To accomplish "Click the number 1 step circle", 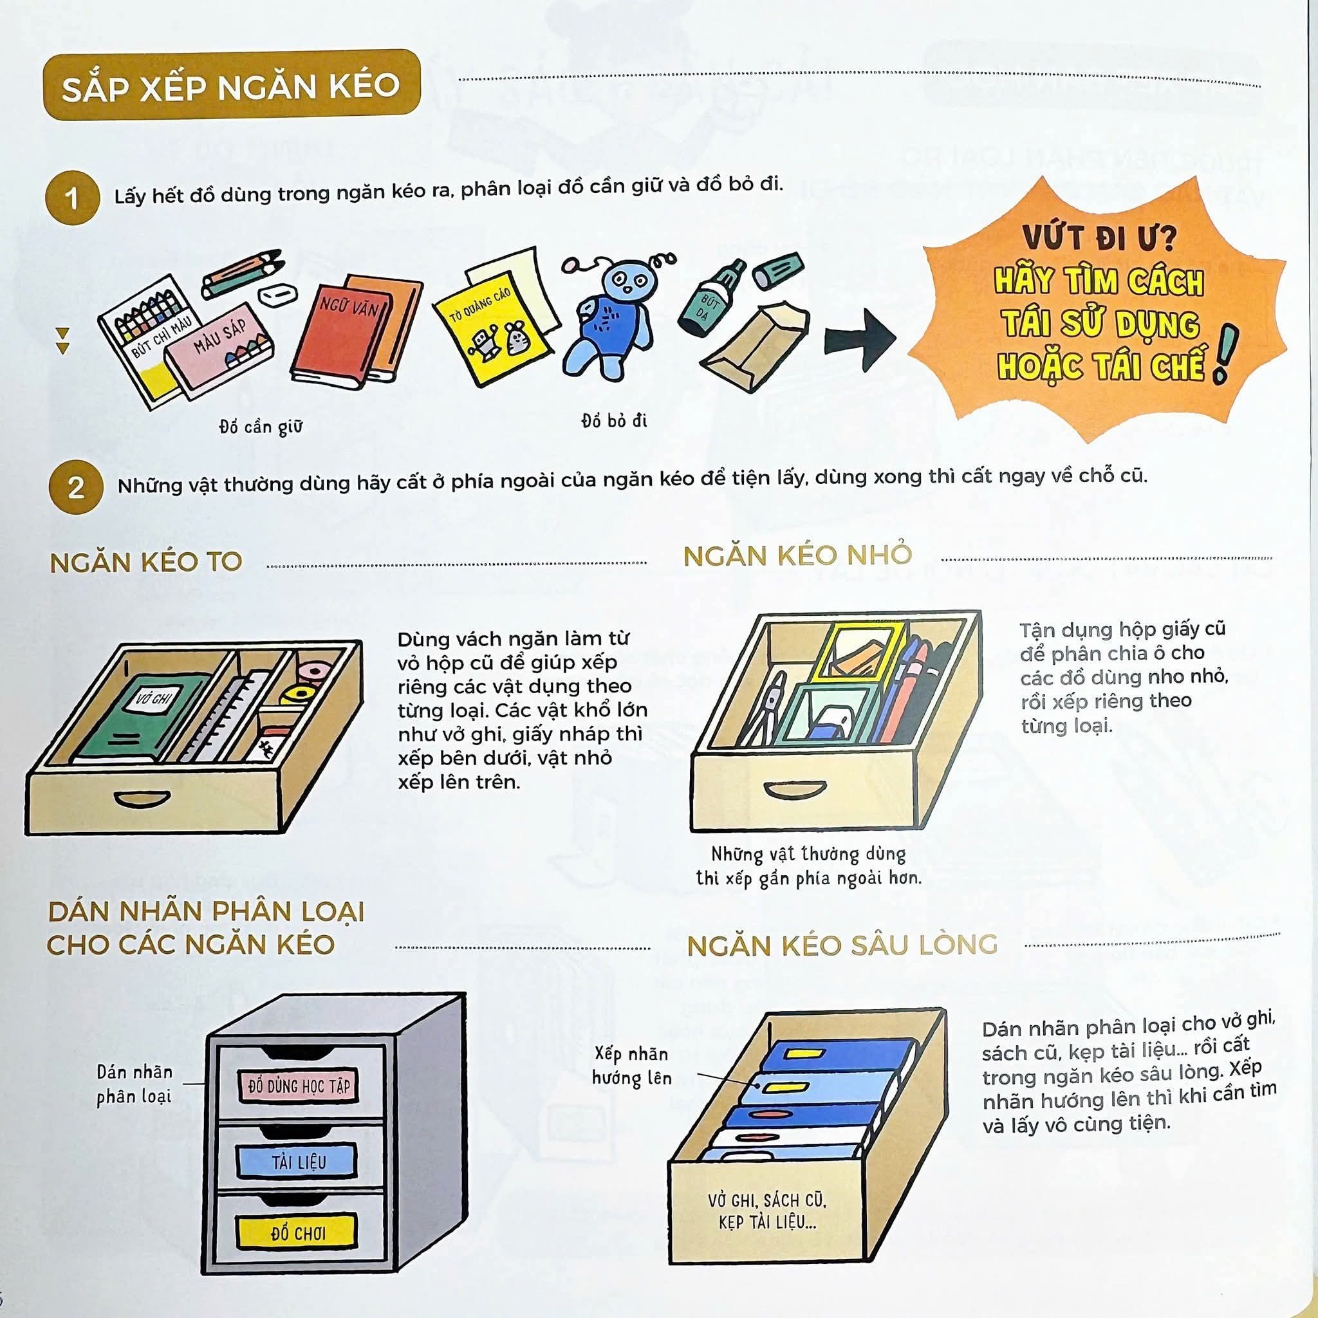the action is [x=72, y=198].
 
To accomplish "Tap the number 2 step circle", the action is [x=76, y=487].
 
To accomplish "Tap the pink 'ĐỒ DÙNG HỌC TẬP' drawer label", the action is [x=298, y=1086].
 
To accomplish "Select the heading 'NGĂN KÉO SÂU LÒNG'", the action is [x=842, y=945].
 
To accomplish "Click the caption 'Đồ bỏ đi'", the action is [x=614, y=420].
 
